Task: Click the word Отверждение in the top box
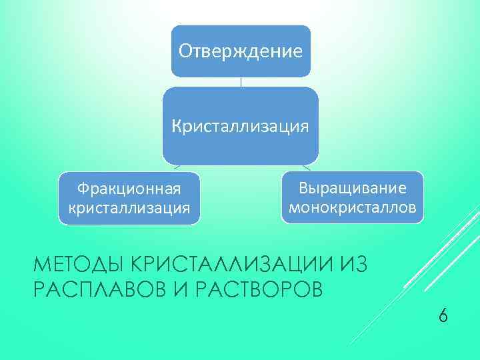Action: click(x=241, y=51)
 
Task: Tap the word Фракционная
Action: click(x=129, y=190)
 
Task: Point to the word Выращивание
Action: click(x=352, y=189)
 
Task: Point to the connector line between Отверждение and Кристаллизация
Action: click(x=241, y=82)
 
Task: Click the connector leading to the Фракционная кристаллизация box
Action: click(x=175, y=167)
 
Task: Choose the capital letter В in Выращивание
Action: click(x=304, y=189)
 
